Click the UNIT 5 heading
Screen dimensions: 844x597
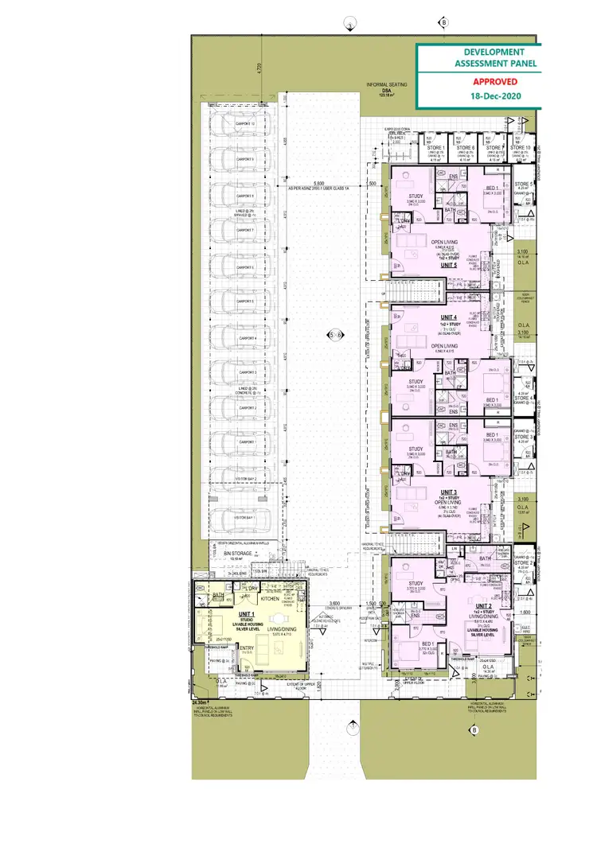pos(427,266)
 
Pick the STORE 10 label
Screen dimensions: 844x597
pos(521,148)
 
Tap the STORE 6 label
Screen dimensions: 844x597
pos(466,148)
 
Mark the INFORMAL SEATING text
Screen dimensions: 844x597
pos(386,84)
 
